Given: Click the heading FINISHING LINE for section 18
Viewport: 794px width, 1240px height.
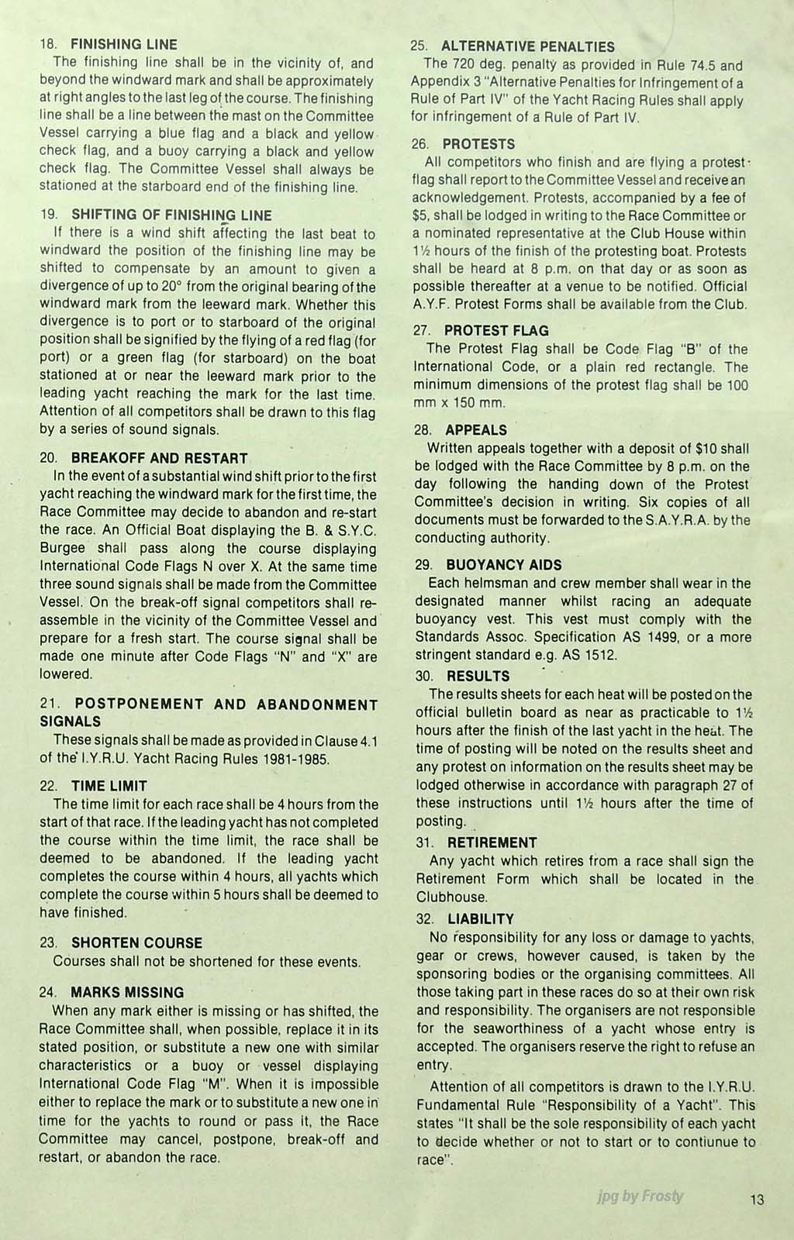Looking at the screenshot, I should pyautogui.click(x=124, y=45).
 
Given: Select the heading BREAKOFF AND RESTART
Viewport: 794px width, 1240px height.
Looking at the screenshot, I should pyautogui.click(x=159, y=458).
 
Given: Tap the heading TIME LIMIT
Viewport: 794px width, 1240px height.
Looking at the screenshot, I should pyautogui.click(x=109, y=786).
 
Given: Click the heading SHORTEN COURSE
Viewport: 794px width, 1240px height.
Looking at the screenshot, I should pyautogui.click(x=136, y=943).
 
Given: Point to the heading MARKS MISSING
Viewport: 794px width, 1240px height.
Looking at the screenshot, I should pyautogui.click(x=127, y=993).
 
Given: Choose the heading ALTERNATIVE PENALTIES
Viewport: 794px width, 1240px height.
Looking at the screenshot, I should pyautogui.click(x=528, y=46).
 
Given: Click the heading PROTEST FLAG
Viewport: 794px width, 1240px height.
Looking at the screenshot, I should pyautogui.click(x=496, y=331).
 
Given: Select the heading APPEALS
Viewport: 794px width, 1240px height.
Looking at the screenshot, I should pyautogui.click(x=476, y=430).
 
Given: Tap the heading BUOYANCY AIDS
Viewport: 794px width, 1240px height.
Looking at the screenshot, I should pyautogui.click(x=504, y=565).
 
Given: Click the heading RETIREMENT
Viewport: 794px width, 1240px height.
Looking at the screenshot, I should pyautogui.click(x=492, y=842).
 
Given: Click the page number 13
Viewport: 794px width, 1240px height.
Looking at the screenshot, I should pyautogui.click(x=757, y=1200).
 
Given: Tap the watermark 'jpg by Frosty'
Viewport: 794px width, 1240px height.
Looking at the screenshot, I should pyautogui.click(x=640, y=1196).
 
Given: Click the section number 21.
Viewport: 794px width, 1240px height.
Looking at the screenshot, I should pyautogui.click(x=48, y=705).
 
